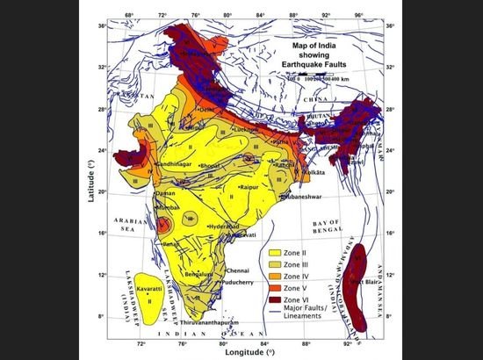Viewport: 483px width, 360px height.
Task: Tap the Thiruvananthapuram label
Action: [207, 323]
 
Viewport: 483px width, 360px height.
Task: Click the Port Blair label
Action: [363, 281]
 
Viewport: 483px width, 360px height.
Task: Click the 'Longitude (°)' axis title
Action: [240, 349]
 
